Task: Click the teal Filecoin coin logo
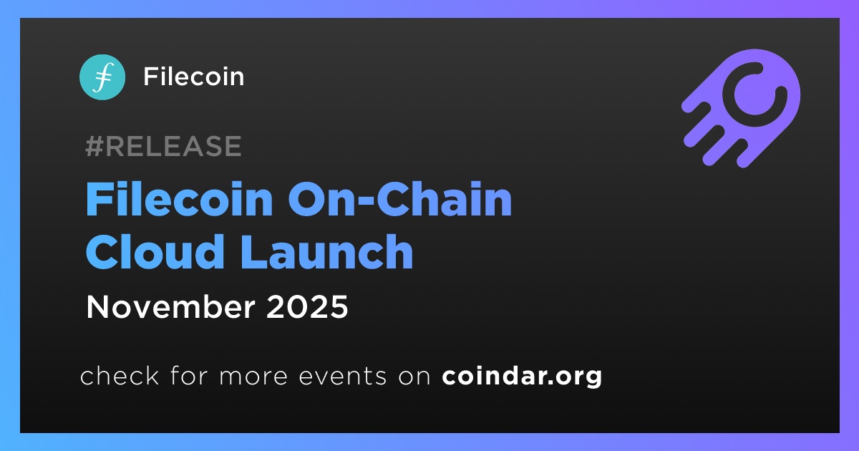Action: click(x=102, y=77)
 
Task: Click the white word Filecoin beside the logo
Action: click(x=194, y=77)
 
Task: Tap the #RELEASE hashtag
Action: click(x=163, y=146)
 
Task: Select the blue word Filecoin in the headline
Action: click(x=179, y=199)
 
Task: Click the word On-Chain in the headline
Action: click(x=400, y=199)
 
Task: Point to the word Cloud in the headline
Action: click(x=155, y=251)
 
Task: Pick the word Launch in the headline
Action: click(x=326, y=251)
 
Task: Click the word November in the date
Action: click(x=170, y=307)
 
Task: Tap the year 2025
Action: click(x=307, y=307)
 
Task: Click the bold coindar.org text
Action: click(x=522, y=377)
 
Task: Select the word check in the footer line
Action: click(x=120, y=375)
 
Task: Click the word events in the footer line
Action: click(x=343, y=377)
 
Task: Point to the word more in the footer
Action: click(x=253, y=377)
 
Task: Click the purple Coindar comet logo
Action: click(x=741, y=109)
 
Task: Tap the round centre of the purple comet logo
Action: click(x=754, y=94)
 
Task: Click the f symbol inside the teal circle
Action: click(x=103, y=77)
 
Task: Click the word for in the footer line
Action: click(x=189, y=375)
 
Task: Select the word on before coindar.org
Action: click(x=414, y=377)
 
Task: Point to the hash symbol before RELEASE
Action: click(x=94, y=146)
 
